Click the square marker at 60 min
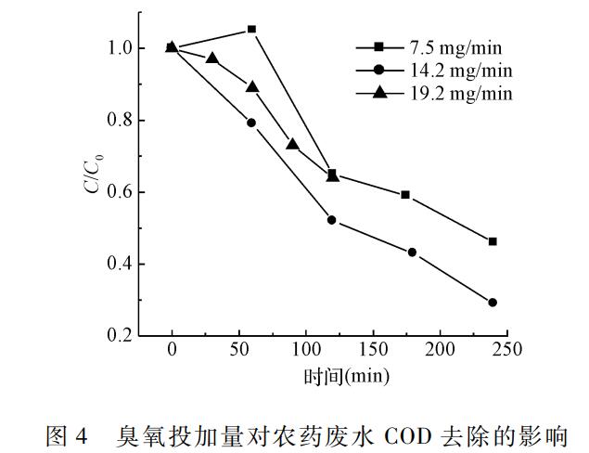click(x=251, y=30)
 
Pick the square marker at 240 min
click(x=493, y=241)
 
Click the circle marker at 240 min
click(x=493, y=303)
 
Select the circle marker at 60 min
click(x=251, y=123)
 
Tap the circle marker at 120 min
click(x=332, y=220)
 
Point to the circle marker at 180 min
click(x=412, y=252)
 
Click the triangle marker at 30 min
click(x=212, y=58)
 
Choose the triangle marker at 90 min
click(x=292, y=144)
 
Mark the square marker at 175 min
click(x=405, y=195)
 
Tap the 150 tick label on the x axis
click(x=373, y=350)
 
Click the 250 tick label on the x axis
click(x=506, y=350)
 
